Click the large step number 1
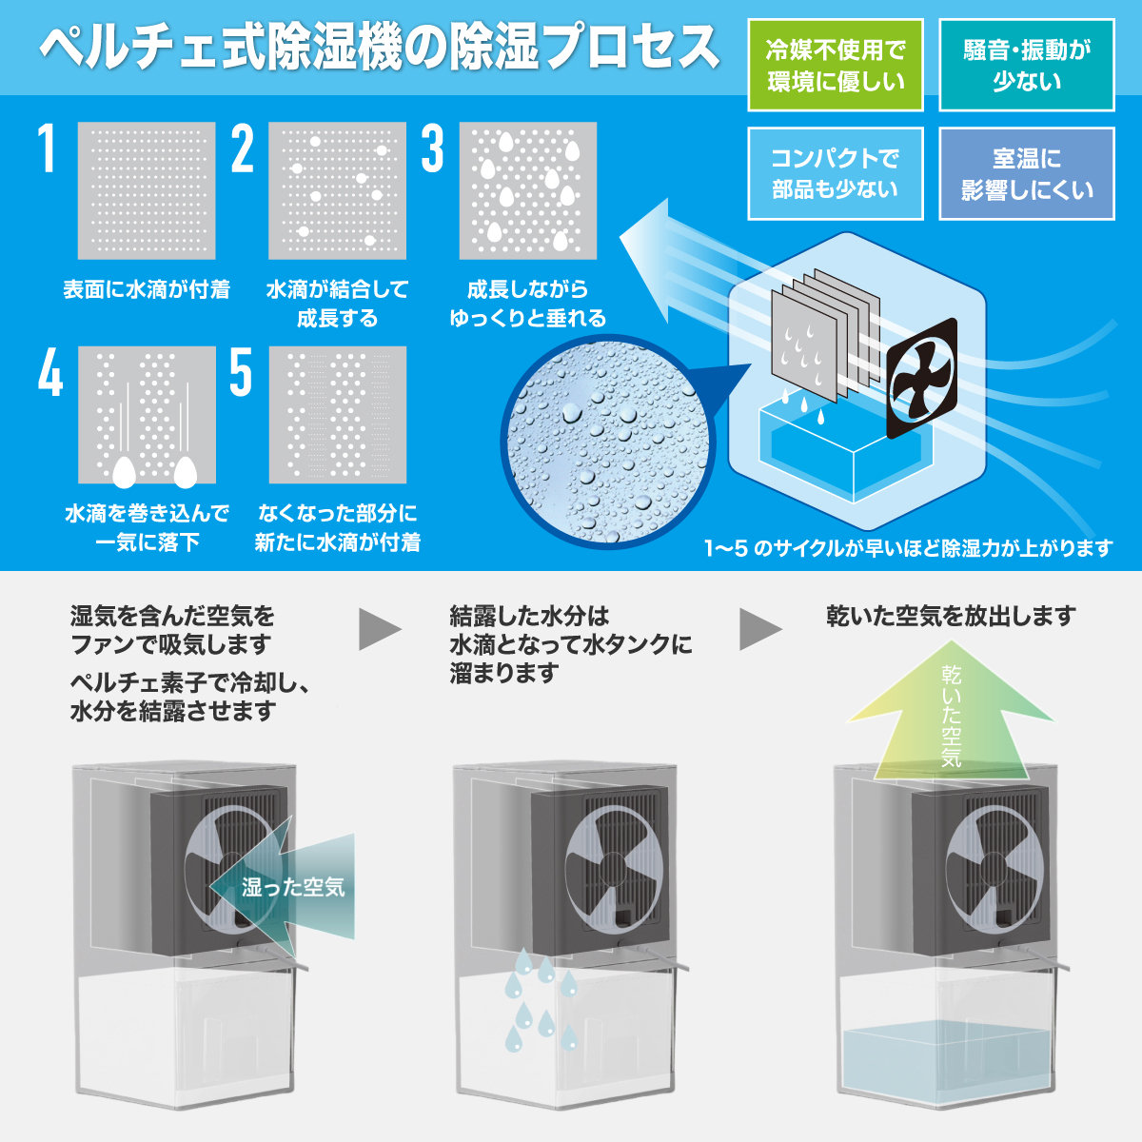tap(47, 148)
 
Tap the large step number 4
tap(50, 372)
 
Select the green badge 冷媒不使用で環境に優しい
tap(836, 66)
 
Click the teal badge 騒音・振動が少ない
tap(1027, 66)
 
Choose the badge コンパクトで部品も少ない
tap(836, 173)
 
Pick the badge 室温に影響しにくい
tap(1027, 173)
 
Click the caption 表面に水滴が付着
tap(147, 290)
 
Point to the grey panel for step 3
tap(528, 191)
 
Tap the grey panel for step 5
tap(338, 415)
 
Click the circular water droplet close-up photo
tap(608, 442)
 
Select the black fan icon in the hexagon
tap(921, 378)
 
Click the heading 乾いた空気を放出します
tap(951, 617)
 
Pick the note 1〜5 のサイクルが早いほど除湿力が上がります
tap(909, 548)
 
